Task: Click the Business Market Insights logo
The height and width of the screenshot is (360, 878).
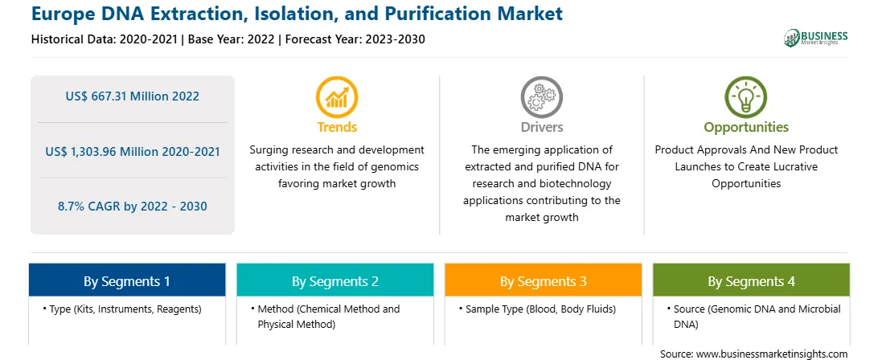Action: [x=815, y=38]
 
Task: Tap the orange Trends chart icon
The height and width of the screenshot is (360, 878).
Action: [x=337, y=96]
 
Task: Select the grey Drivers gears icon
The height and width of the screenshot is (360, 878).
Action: [x=541, y=96]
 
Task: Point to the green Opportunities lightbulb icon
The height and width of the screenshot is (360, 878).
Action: [x=746, y=96]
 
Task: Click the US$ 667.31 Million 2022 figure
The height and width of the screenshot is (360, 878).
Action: [x=132, y=96]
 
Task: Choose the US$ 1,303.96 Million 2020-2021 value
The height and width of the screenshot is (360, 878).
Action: [x=132, y=151]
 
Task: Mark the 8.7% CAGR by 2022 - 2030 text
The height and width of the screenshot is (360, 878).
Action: [x=132, y=206]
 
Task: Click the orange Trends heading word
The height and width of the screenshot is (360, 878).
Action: [x=337, y=127]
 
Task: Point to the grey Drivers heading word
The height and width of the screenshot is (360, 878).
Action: [x=542, y=127]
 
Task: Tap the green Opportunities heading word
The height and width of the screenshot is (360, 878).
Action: [x=746, y=128]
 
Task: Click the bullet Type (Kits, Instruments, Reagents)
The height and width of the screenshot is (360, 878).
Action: [x=121, y=309]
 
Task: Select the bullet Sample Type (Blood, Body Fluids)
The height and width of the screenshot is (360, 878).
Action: [x=537, y=309]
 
